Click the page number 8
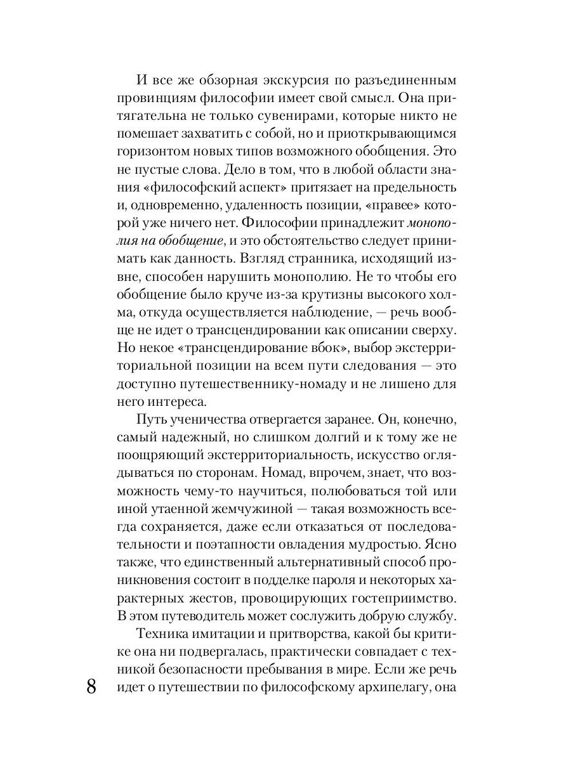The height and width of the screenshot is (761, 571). [x=91, y=686]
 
